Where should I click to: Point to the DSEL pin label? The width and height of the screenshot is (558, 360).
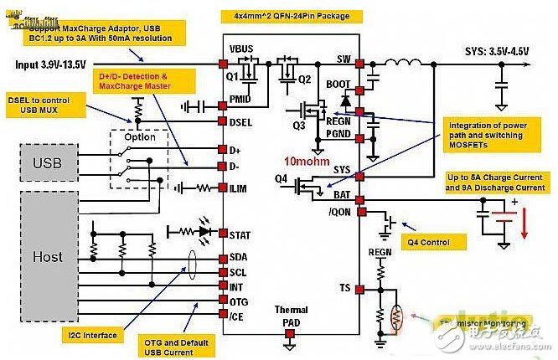tap(240, 122)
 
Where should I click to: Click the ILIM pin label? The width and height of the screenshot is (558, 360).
tap(240, 189)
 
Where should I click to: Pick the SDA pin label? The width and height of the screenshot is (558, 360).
tap(239, 258)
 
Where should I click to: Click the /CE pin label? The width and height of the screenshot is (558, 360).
tap(239, 315)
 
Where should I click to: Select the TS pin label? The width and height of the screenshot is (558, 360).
tap(345, 288)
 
